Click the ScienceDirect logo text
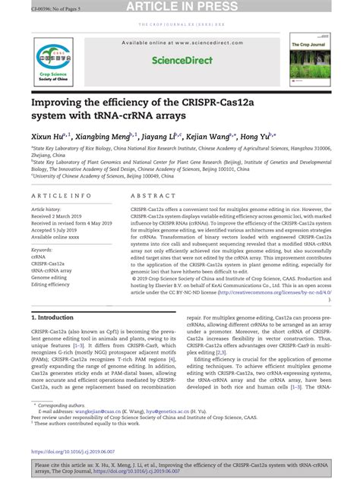179,59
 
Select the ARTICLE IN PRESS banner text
180,7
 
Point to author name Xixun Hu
49,137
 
